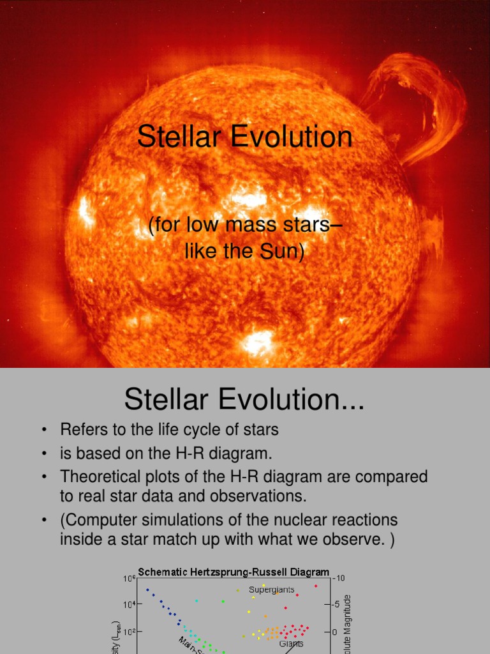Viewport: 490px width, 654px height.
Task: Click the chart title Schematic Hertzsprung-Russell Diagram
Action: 234,572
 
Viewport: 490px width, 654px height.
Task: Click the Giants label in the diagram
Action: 291,644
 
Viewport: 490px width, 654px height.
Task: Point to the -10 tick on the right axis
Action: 340,578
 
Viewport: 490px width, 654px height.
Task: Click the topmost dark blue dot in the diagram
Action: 147,590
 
